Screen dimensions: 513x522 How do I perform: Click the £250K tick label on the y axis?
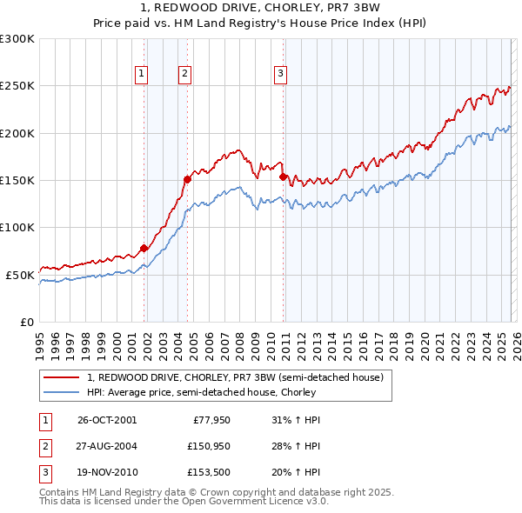[17, 86]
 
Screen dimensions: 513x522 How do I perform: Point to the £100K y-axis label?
[17, 227]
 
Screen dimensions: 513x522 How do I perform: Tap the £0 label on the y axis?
[26, 322]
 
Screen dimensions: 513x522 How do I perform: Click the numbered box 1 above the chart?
[141, 75]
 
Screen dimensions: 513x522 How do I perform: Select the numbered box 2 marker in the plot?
[185, 75]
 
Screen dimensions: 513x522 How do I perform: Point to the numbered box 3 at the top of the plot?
[281, 75]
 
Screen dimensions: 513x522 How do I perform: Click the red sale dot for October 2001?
[144, 249]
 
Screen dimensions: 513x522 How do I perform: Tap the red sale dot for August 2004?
[187, 179]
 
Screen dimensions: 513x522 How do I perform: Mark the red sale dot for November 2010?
[283, 177]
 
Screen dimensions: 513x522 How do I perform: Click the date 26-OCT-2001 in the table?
[107, 420]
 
